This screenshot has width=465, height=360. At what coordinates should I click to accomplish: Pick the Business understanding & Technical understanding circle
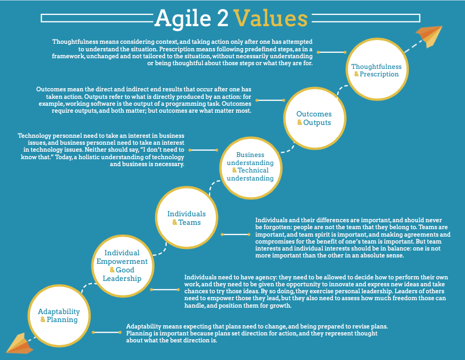pyautogui.click(x=251, y=166)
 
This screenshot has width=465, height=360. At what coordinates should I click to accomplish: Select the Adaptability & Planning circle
pyautogui.click(x=59, y=315)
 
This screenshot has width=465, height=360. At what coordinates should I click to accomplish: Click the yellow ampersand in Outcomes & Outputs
pyautogui.click(x=300, y=122)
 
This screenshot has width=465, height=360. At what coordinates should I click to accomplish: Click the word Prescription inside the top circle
pyautogui.click(x=379, y=74)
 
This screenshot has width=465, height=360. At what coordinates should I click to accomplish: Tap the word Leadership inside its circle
pyautogui.click(x=123, y=278)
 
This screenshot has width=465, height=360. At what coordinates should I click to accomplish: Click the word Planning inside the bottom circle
pyautogui.click(x=63, y=319)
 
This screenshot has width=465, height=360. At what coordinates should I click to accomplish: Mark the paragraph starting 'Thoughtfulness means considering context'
pyautogui.click(x=182, y=52)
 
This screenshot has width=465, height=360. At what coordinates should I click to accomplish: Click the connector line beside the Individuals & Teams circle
pyautogui.click(x=236, y=234)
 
